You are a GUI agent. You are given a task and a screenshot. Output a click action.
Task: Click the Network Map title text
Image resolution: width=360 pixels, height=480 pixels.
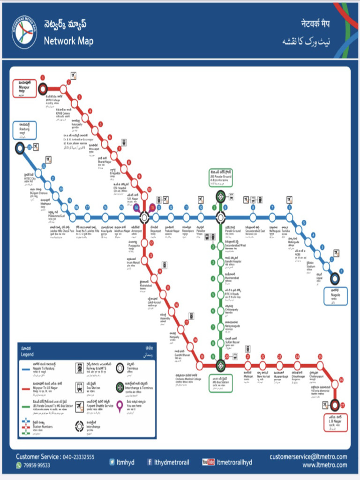pos(68,41)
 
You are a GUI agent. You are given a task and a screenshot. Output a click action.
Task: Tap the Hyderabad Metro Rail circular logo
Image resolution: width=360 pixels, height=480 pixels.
pos(24,32)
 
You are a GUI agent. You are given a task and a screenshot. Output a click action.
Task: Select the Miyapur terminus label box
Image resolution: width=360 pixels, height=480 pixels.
pos(24,88)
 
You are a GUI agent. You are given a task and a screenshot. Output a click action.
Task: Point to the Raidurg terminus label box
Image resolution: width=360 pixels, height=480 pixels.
pos(24,130)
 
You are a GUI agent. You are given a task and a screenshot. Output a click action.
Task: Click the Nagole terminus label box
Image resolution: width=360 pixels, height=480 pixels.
pos(336,296)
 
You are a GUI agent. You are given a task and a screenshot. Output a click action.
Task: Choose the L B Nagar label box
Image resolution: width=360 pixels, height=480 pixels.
pos(336,423)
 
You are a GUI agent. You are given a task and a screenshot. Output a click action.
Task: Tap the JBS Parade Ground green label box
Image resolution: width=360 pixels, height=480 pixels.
pos(221,178)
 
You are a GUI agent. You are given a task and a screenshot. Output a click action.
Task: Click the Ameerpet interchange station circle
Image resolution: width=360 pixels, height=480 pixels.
pos(144,217)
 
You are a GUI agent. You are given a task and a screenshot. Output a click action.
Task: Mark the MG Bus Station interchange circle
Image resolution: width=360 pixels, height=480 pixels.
pos(221,365)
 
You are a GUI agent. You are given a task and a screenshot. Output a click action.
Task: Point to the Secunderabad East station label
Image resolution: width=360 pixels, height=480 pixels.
pos(255,231)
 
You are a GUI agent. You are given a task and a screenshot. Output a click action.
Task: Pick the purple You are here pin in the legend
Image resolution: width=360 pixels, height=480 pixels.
pos(120,407)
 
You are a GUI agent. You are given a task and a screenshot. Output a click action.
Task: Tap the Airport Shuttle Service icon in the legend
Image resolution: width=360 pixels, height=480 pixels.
pos(80,406)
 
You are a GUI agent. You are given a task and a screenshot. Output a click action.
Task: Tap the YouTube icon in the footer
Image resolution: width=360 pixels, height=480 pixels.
pos(208,462)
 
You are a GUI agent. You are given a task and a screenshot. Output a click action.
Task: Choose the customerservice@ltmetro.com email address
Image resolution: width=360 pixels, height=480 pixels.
pos(308,457)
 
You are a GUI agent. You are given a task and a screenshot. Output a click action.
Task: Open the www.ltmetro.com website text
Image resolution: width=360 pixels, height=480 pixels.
pos(324,465)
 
